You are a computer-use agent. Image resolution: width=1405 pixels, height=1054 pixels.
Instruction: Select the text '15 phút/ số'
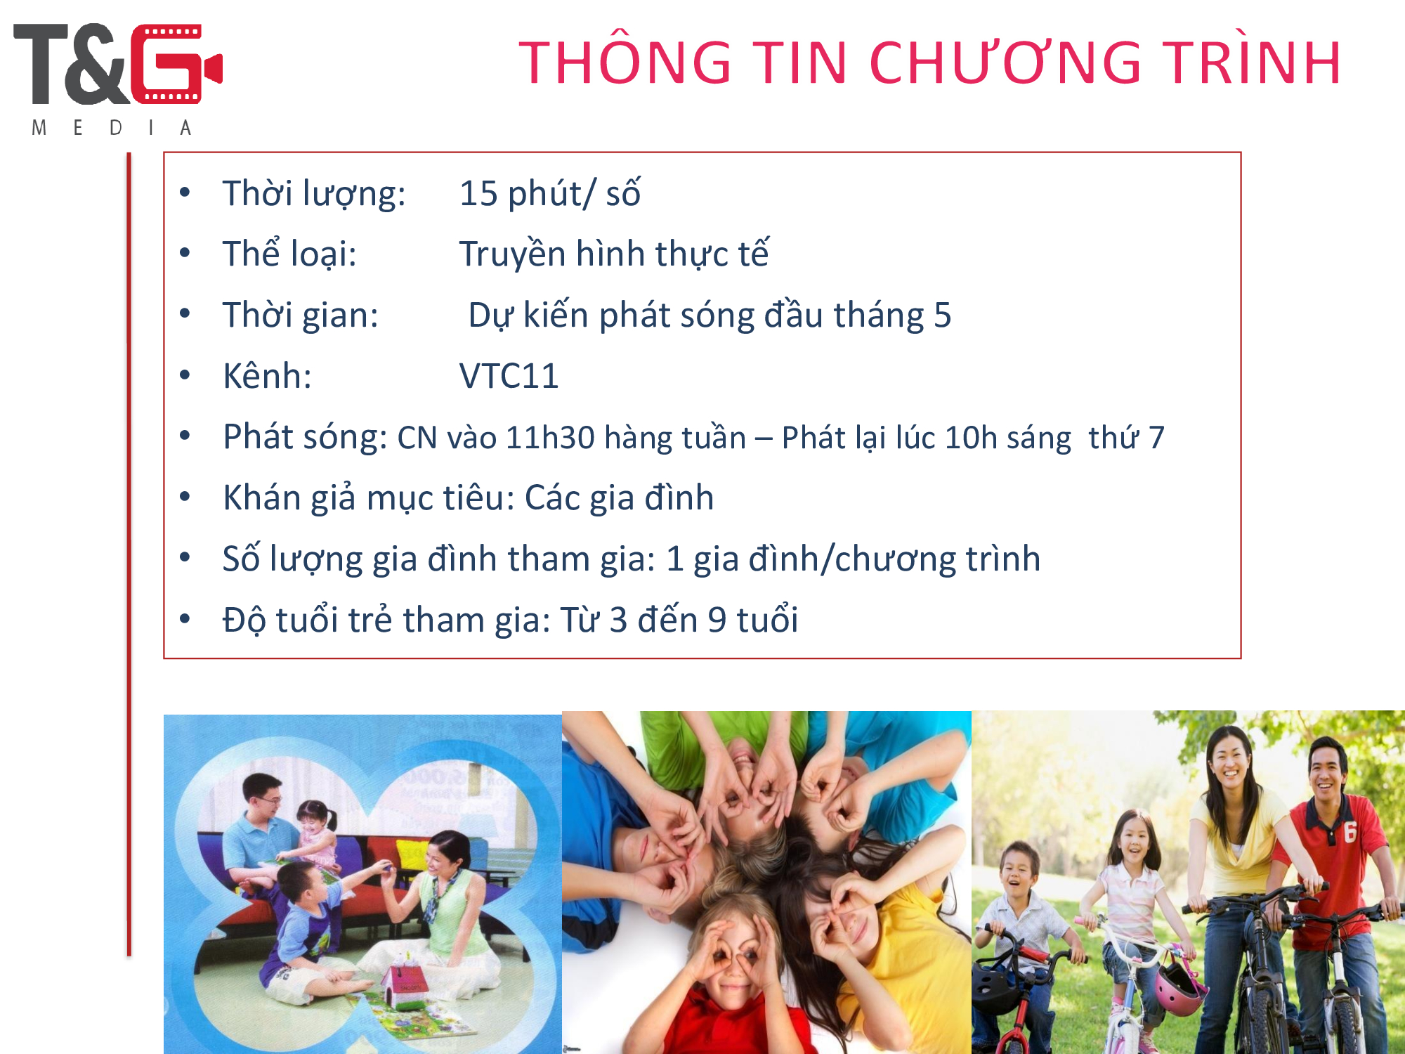pos(549,194)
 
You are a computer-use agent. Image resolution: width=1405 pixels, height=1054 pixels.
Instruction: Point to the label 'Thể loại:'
pos(289,254)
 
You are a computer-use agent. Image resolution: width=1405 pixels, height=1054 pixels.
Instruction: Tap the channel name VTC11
pos(509,376)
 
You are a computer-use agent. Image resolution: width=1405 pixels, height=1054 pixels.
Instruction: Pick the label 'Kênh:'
pos(267,376)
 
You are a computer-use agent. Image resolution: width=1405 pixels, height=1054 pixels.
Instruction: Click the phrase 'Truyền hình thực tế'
pos(614,254)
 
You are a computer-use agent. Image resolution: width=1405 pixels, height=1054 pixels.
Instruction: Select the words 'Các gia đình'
pos(619,498)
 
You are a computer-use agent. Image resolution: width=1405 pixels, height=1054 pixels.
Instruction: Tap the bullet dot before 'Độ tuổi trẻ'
pos(185,619)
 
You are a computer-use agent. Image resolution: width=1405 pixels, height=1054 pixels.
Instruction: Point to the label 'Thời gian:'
pos(300,315)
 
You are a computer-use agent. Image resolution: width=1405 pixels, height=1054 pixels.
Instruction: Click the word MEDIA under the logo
pos(112,128)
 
